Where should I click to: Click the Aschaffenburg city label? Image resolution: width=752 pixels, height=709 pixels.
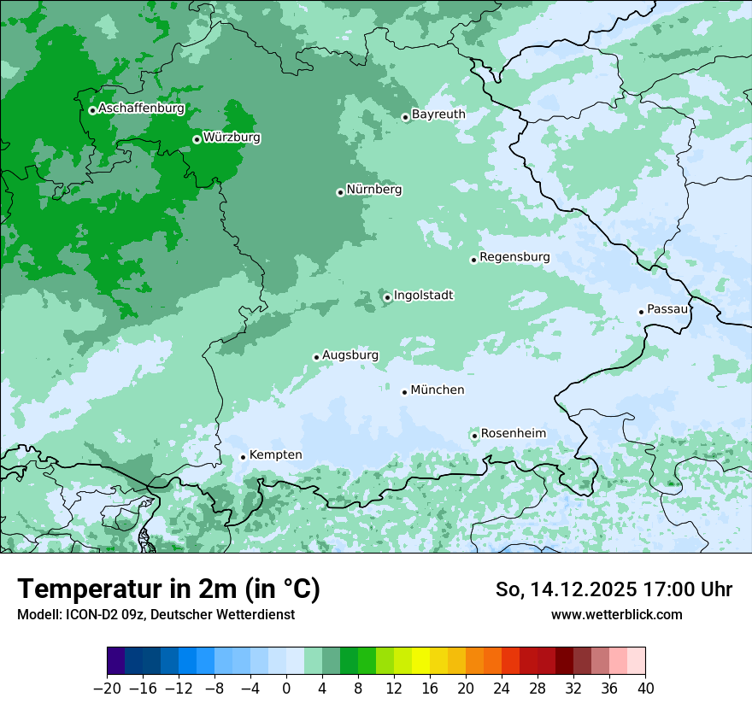pos(141,108)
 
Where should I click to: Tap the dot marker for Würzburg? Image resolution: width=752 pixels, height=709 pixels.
pos(197,139)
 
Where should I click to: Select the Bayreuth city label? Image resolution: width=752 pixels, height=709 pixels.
pos(438,114)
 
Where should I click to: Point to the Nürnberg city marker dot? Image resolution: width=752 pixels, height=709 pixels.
pos(340,192)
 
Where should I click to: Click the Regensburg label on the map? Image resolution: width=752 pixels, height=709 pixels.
pos(514,257)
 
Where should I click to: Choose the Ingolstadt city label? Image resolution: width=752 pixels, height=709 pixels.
pos(423,296)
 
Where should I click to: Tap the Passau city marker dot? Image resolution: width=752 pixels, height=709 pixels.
pos(641,312)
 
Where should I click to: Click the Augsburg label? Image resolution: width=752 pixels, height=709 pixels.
pos(350,355)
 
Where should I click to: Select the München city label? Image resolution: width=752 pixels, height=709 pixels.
pos(438,390)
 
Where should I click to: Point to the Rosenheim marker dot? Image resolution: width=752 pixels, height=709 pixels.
pos(474,436)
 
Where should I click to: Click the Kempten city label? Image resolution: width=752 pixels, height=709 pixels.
pos(275,455)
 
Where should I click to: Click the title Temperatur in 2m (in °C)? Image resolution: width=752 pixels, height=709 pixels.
pos(168,589)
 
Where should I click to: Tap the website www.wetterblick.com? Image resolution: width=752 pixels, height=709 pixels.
pos(616,614)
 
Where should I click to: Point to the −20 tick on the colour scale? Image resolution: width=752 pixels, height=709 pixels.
pos(107,688)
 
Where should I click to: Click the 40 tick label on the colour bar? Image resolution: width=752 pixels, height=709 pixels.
pos(645,688)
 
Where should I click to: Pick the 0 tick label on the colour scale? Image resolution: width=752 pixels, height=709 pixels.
pos(286,688)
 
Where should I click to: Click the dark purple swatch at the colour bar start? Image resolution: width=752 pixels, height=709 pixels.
pos(116,661)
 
